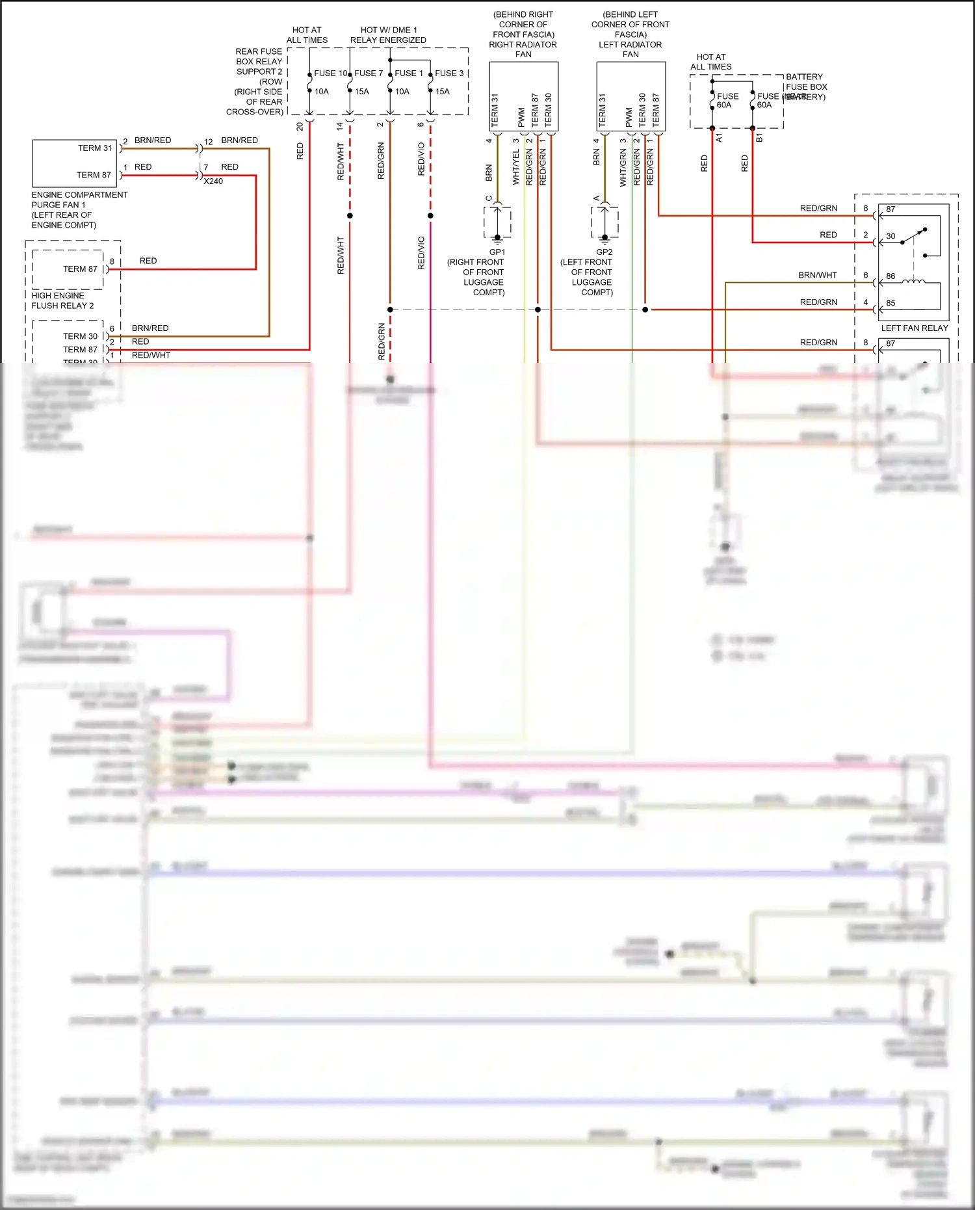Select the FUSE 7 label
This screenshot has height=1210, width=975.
tap(369, 73)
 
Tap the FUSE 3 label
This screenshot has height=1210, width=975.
tap(449, 73)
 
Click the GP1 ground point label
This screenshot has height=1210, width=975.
tap(497, 252)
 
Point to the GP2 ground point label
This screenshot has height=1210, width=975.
tap(604, 252)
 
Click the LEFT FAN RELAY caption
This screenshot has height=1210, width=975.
tap(914, 328)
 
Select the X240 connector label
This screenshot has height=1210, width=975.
tap(213, 181)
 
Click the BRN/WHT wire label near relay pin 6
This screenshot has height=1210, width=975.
tap(817, 276)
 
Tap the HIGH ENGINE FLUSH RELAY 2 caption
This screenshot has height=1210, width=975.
tap(62, 300)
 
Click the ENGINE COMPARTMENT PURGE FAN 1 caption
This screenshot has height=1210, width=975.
tap(79, 209)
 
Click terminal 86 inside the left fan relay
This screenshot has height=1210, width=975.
tap(890, 276)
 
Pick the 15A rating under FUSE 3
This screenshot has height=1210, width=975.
tap(443, 92)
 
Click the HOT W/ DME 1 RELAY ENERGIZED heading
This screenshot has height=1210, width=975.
tap(388, 35)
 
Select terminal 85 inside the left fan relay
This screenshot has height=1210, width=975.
tap(890, 303)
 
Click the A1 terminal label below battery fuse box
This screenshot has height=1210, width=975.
tap(719, 138)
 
